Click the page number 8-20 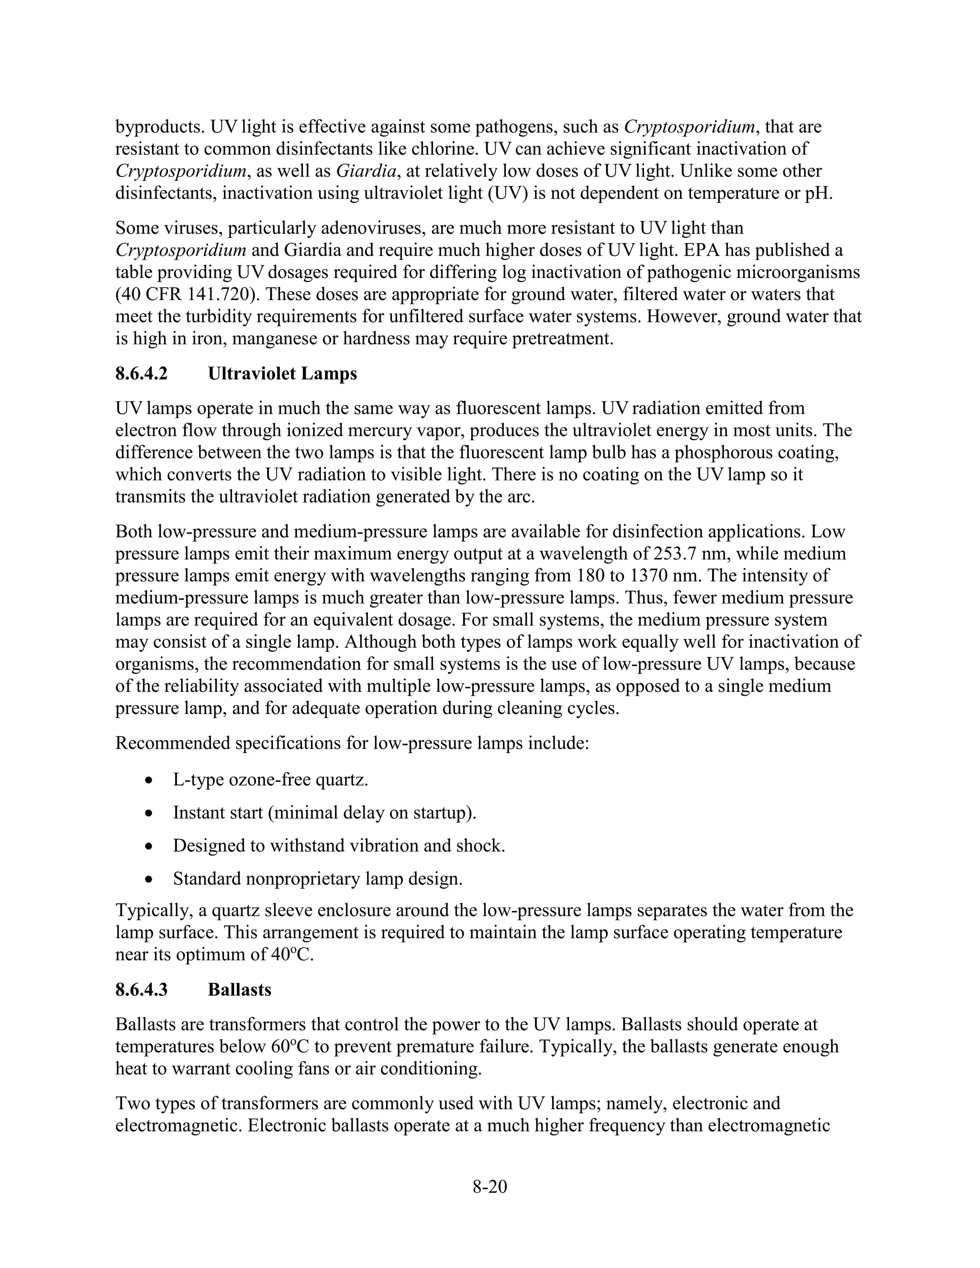pos(490,1187)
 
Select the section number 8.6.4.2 pos(141,373)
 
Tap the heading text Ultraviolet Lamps pos(282,373)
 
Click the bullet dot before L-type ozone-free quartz pos(149,780)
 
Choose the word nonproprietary pos(302,879)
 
